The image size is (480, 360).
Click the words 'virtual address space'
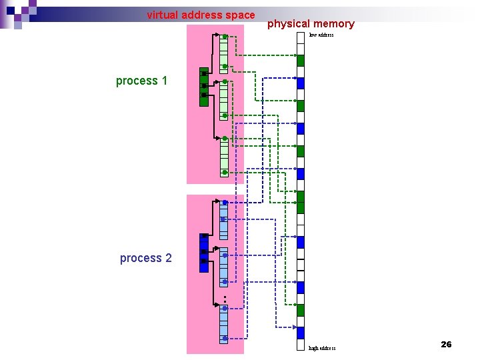[x=201, y=15]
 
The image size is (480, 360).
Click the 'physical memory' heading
[x=311, y=24]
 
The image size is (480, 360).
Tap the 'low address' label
[x=321, y=35]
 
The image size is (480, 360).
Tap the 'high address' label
[x=323, y=348]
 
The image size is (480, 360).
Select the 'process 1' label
[x=141, y=81]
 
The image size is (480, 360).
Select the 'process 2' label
[x=145, y=258]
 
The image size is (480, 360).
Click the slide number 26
[x=446, y=344]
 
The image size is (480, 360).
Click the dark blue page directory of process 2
[x=204, y=248]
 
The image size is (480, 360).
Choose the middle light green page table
[x=224, y=99]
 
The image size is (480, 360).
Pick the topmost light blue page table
[x=224, y=220]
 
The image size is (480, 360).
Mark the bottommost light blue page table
[x=224, y=323]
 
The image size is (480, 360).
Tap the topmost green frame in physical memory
[x=301, y=61]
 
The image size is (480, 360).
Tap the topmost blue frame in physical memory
[x=301, y=83]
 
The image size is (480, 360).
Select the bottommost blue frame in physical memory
[x=301, y=333]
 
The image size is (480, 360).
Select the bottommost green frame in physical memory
[x=301, y=310]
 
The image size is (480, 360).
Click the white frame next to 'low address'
[x=301, y=39]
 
